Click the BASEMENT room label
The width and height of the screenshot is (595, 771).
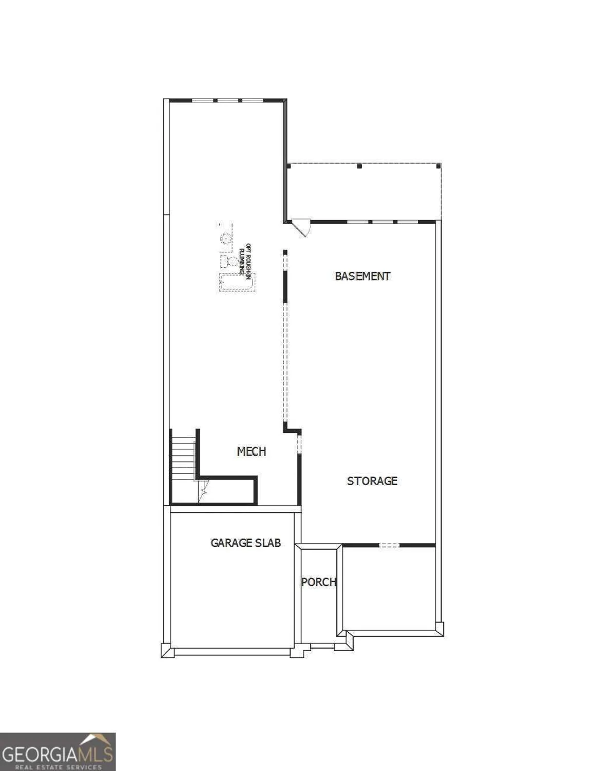pos(362,276)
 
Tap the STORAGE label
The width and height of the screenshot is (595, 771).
pos(372,481)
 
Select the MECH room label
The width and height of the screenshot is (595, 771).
pos(252,451)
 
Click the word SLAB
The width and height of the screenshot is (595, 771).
pos(267,543)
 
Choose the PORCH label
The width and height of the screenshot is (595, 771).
pos(319,582)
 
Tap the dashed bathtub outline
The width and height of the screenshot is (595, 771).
pos(237,283)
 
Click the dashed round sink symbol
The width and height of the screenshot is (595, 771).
pos(225,238)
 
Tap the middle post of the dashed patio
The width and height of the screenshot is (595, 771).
pos(359,166)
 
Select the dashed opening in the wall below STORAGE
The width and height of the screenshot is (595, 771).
pos(389,545)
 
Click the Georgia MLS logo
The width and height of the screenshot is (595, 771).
pos(57,751)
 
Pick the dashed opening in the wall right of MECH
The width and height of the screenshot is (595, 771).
pos(299,443)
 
